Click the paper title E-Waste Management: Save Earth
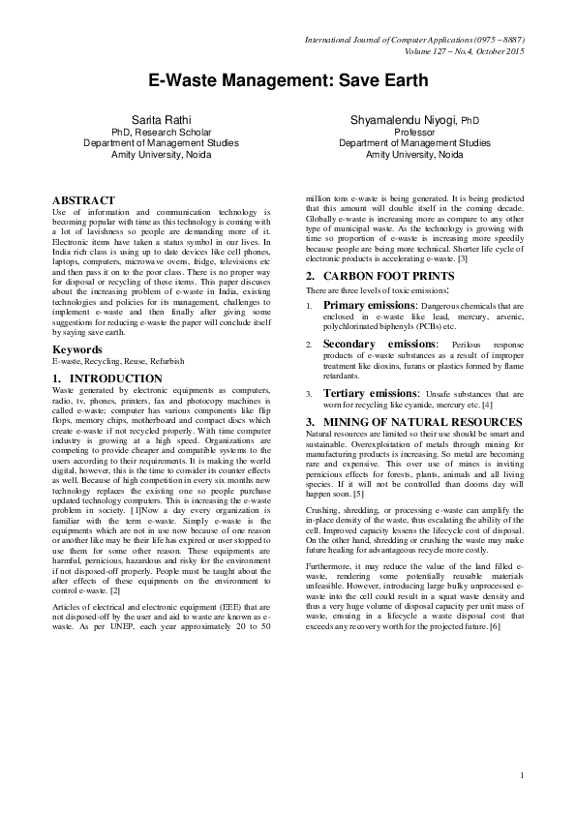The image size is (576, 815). point(287,84)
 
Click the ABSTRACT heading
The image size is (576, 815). point(83,200)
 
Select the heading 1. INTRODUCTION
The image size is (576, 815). point(106,378)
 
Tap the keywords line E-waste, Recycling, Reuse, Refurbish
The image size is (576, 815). point(117,361)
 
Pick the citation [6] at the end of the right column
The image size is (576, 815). point(494,574)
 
